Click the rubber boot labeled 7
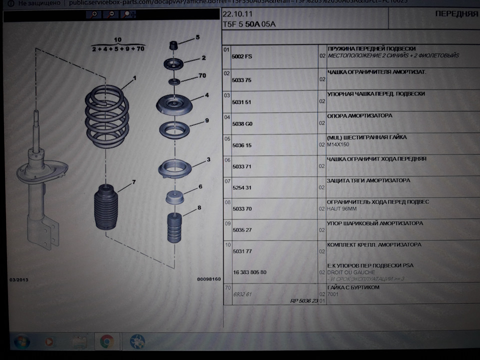pyautogui.click(x=109, y=208)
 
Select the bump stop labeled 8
pyautogui.click(x=173, y=227)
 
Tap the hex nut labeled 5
pyautogui.click(x=174, y=45)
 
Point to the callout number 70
pyautogui.click(x=202, y=76)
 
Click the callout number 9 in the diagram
pyautogui.click(x=206, y=120)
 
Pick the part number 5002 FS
pyautogui.click(x=242, y=56)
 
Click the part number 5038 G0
pyautogui.click(x=242, y=122)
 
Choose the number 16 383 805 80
pyautogui.click(x=256, y=272)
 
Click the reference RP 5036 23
pyautogui.click(x=303, y=301)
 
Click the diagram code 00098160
pyautogui.click(x=208, y=278)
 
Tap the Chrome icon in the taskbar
pyautogui.click(x=106, y=341)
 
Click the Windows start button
pyautogui.click(x=22, y=342)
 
